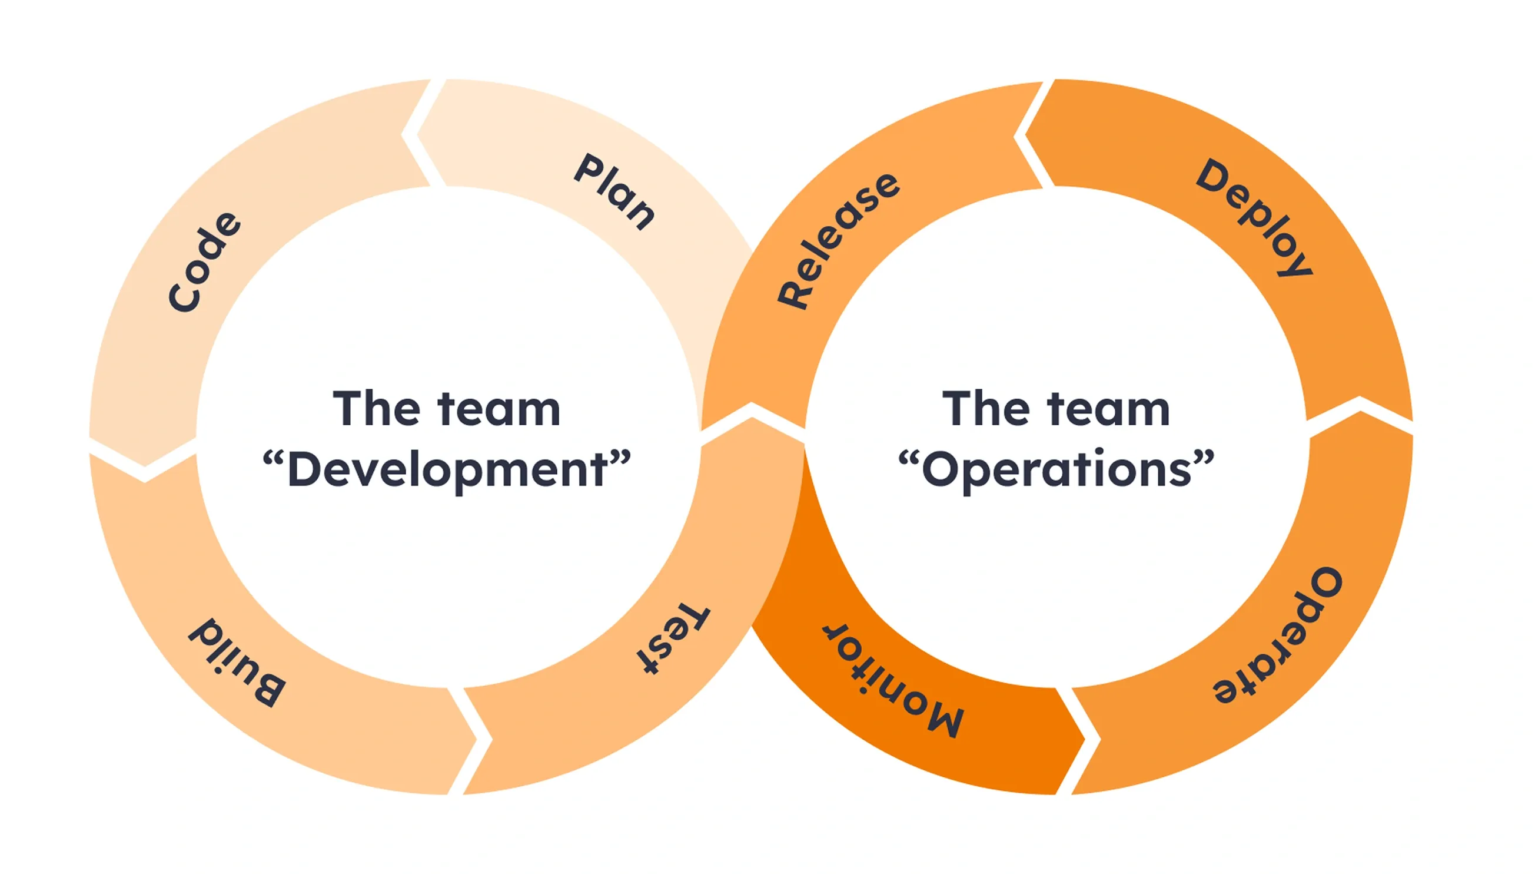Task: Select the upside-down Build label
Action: point(237,660)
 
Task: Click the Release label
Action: point(838,240)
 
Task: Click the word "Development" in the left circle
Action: point(447,470)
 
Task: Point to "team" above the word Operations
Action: point(1109,409)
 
